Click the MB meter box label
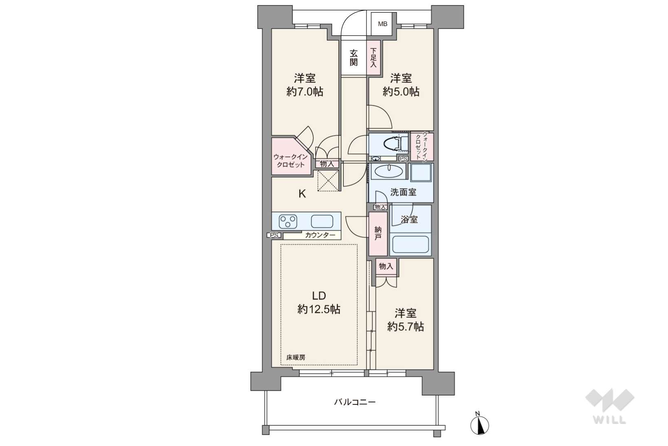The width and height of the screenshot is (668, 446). click(383, 24)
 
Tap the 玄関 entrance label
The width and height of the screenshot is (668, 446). click(354, 58)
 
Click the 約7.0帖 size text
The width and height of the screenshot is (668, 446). click(305, 92)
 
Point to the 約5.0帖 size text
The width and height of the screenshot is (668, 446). click(401, 92)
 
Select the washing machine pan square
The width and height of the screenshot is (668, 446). click(421, 173)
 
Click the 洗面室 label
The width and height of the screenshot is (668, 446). click(403, 192)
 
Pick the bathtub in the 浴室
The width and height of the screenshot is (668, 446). click(410, 244)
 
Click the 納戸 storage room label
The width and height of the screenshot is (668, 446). click(378, 233)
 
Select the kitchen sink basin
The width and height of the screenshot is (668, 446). click(322, 222)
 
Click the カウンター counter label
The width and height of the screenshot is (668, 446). click(320, 235)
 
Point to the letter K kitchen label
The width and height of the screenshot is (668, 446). click(302, 194)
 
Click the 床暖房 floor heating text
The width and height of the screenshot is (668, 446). click(295, 357)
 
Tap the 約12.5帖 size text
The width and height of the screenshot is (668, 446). click(319, 309)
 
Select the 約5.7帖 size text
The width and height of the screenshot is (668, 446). click(406, 327)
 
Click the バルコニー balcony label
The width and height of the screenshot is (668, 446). click(355, 402)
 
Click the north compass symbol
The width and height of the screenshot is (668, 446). click(480, 424)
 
